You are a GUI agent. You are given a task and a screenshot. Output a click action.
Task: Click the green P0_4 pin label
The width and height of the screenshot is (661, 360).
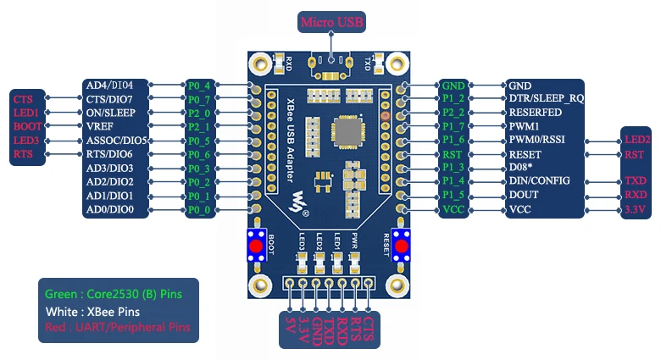(198, 86)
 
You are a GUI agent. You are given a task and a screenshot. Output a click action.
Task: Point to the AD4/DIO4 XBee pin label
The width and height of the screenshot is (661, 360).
(116, 86)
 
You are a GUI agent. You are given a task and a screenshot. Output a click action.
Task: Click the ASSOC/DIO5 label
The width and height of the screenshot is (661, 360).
(118, 140)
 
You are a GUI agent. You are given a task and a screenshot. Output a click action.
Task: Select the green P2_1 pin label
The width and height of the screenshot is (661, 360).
(198, 126)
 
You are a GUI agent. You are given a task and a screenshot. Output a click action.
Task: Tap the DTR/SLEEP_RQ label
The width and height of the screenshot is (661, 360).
(546, 99)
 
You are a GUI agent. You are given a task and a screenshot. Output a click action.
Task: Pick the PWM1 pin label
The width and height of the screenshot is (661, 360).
(521, 126)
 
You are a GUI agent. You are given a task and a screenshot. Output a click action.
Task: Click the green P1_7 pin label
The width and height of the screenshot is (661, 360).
(453, 126)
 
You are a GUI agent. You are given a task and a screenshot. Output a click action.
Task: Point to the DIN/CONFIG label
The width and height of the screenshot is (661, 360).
(540, 181)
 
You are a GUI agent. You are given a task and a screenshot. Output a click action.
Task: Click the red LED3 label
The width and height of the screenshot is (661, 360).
(26, 140)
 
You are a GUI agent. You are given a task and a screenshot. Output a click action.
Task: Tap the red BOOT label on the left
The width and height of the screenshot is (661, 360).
(26, 126)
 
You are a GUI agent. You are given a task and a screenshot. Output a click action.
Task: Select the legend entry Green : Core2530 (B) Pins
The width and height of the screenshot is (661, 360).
(112, 295)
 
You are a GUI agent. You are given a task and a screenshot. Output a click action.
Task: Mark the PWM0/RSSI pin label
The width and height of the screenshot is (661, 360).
(536, 140)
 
